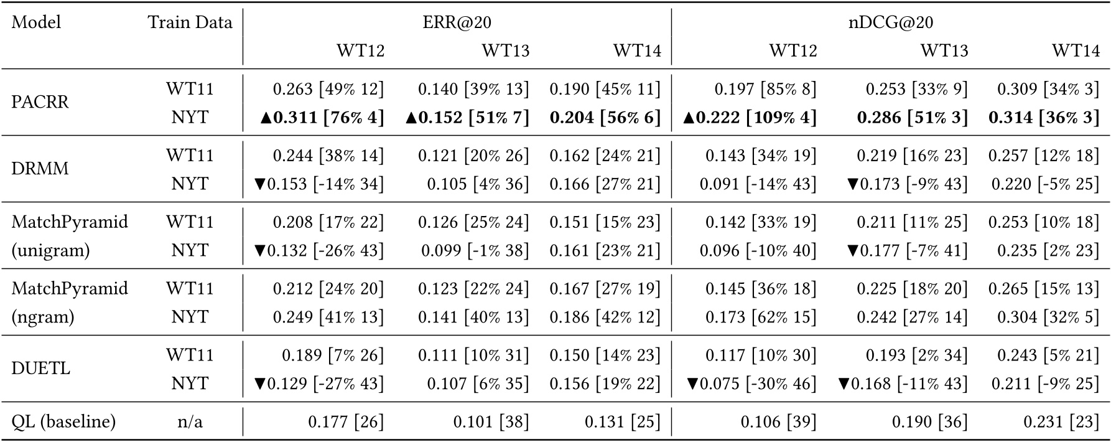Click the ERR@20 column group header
pos(457,23)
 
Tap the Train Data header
pos(190,23)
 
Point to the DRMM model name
pos(40,169)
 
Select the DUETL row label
pos(40,369)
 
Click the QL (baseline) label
pos(63,422)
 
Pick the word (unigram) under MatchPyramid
pos(50,250)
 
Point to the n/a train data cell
pos(190,422)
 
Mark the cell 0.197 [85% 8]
pos(765,89)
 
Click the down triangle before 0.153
pos(260,184)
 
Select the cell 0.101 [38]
pos(490,422)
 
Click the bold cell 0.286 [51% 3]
pos(912,118)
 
